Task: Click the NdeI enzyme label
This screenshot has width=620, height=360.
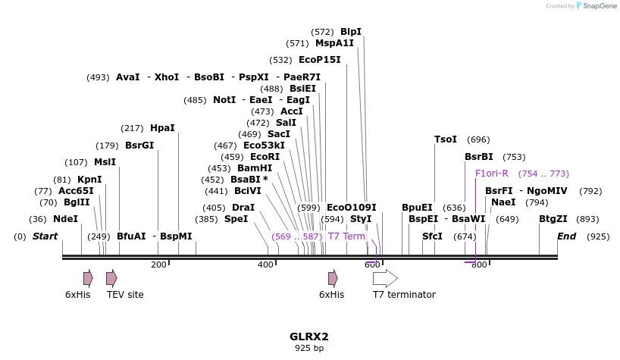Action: (x=65, y=219)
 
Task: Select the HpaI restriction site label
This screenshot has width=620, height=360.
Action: (x=162, y=128)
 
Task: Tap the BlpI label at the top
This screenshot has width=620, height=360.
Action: (x=351, y=32)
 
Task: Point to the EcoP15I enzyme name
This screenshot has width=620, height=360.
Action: (x=319, y=60)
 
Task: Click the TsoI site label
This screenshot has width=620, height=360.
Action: (x=446, y=139)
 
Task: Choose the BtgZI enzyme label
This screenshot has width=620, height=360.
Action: (x=553, y=219)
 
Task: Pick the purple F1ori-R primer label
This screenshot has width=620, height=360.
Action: (x=491, y=174)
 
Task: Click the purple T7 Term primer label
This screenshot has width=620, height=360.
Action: (x=346, y=236)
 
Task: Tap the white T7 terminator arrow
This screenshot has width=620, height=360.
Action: (x=385, y=277)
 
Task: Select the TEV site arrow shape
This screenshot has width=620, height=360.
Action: (x=111, y=277)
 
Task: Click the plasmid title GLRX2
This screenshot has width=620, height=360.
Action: (x=309, y=337)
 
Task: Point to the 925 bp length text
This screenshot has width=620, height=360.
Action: (x=309, y=349)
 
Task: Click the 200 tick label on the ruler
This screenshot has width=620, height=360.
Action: (x=158, y=265)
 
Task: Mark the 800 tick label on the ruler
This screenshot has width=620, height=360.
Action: (x=479, y=265)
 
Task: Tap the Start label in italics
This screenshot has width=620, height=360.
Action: (x=45, y=236)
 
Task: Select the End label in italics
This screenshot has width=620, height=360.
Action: (x=566, y=236)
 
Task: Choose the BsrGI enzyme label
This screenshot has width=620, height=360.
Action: (x=139, y=146)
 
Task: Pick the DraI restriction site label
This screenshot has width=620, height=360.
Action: (x=243, y=208)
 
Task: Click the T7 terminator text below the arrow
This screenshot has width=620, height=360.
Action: (x=404, y=294)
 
